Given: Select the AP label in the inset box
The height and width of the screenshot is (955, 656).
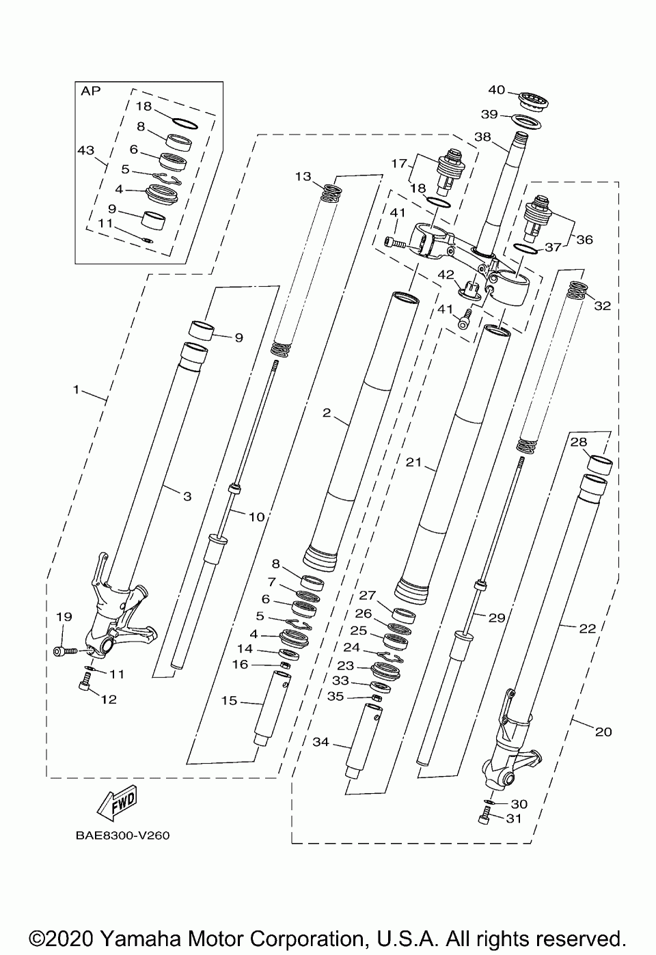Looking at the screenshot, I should click(90, 91).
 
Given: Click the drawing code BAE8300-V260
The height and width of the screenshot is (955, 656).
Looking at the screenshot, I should click(118, 835).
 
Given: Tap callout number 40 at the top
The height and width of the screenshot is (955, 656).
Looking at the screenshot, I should click(497, 90).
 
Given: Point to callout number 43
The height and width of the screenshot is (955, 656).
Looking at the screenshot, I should click(85, 148).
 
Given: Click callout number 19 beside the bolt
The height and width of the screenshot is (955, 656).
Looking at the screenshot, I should click(64, 617).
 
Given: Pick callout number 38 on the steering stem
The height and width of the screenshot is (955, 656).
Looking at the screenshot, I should click(482, 137).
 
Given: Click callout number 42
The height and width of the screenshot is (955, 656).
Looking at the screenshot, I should click(446, 275).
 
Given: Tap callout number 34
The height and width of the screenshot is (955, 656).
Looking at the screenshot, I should click(320, 742).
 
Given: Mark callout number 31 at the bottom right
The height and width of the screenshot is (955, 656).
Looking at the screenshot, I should click(514, 818).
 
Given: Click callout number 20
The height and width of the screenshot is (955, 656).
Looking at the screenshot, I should click(603, 732).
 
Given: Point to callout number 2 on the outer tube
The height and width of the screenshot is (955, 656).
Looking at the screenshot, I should click(327, 413).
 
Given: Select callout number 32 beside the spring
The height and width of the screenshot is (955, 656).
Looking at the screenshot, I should click(602, 306).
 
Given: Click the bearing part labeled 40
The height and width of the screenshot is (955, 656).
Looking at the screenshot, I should click(535, 99).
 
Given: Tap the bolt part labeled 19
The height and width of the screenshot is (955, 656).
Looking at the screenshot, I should click(62, 652).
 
